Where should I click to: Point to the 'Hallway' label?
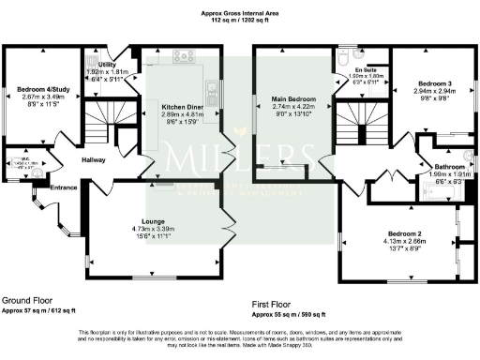[94, 160]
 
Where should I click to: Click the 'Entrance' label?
[64, 187]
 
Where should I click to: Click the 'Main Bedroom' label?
[293, 98]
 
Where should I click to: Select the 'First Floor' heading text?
[274, 305]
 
